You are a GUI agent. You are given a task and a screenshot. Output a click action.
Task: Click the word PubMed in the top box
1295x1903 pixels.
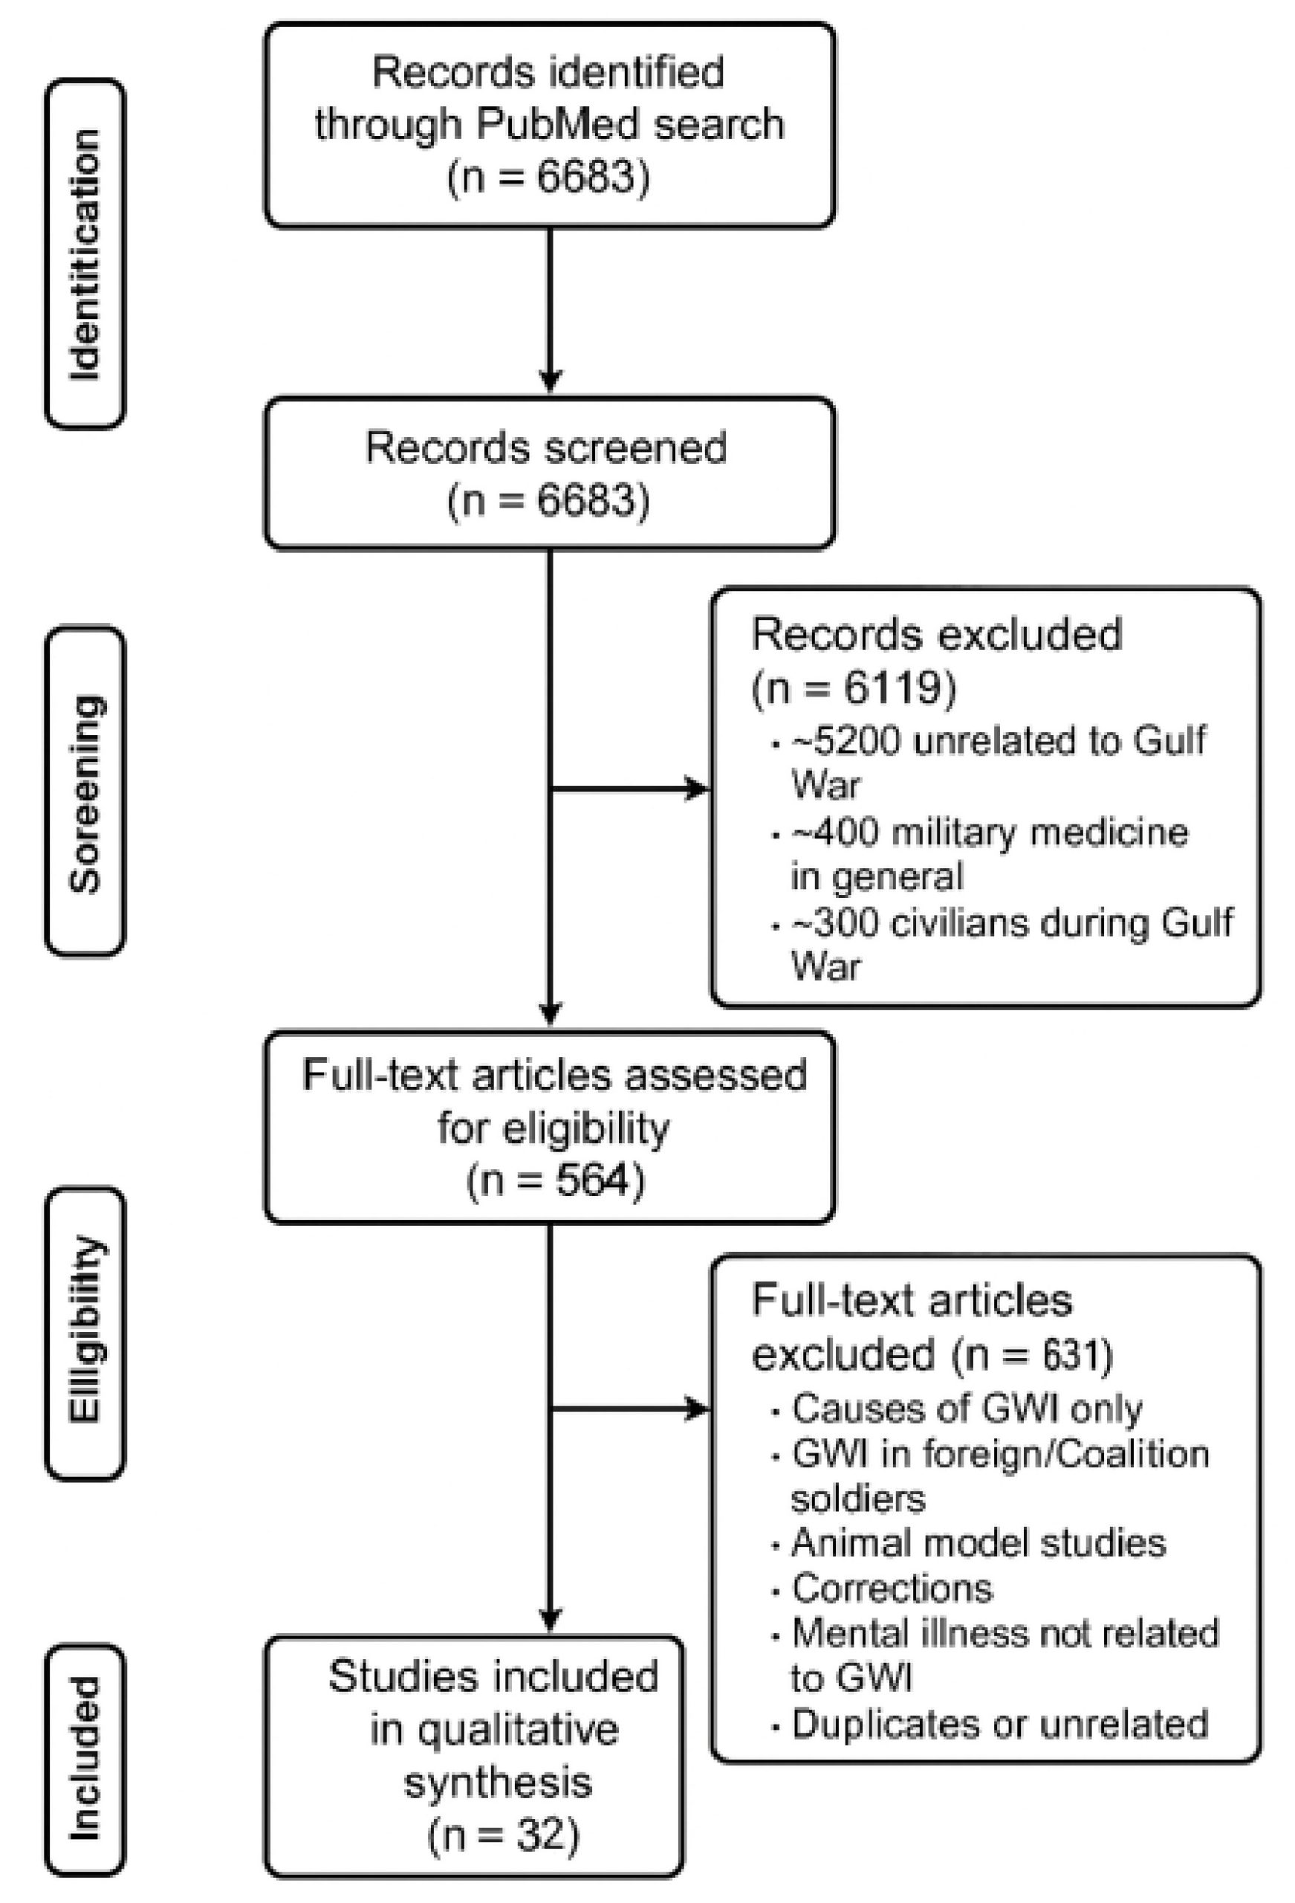(x=557, y=124)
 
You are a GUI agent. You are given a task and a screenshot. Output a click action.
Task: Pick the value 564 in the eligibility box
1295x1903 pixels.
(x=593, y=1180)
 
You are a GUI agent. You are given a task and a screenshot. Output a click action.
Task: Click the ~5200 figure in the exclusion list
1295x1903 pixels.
(x=846, y=741)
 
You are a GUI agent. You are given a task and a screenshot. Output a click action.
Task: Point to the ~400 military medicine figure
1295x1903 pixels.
(x=835, y=833)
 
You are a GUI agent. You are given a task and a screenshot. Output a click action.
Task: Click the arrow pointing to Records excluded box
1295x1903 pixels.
(x=696, y=789)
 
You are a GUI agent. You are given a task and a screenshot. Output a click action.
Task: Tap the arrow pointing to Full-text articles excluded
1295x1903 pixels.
(x=696, y=1409)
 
